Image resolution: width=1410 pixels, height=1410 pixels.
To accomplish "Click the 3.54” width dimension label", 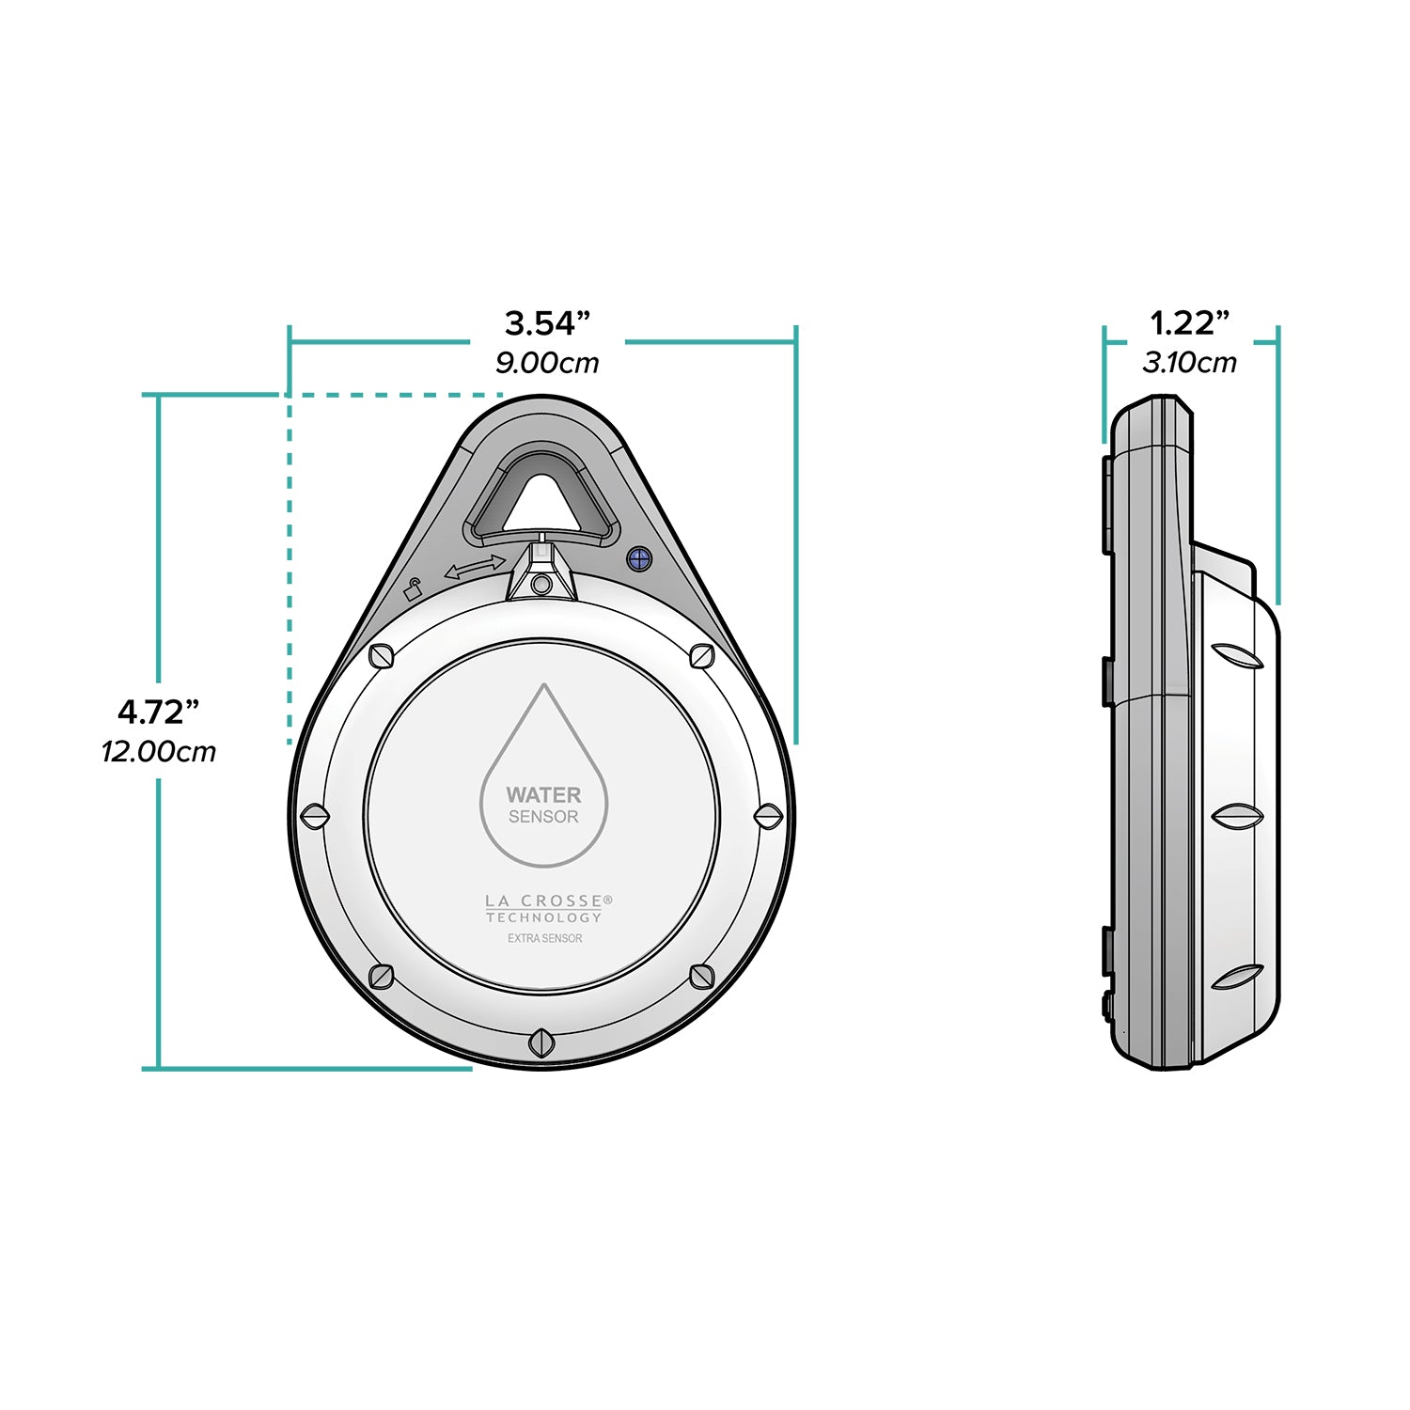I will coord(546,323).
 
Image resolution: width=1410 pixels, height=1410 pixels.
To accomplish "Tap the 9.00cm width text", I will coord(546,363).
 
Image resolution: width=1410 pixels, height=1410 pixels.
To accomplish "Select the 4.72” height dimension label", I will coord(158,713).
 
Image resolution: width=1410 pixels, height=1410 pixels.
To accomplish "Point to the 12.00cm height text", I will coord(158,752).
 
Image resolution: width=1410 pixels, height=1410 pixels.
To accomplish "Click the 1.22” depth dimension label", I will coord(1189,323).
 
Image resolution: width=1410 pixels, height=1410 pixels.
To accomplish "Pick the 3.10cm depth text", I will coord(1189,363).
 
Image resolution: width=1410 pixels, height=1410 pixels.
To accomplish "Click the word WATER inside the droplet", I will coord(543,795).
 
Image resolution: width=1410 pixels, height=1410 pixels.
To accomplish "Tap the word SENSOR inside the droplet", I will coord(543,817).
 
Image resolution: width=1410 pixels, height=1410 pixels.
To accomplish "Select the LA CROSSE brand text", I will coord(544,901).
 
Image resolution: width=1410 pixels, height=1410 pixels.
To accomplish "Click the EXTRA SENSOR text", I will coord(544,938).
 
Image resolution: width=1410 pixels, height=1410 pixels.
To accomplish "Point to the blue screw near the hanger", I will coord(639,558).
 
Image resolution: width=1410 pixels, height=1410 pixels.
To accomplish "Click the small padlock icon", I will coord(412,590).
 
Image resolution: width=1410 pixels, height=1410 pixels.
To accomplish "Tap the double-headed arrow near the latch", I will coord(474,567).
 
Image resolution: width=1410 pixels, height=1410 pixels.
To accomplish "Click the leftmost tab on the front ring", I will coord(314,816).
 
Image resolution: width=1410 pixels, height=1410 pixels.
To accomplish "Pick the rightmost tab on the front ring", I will coord(768,816).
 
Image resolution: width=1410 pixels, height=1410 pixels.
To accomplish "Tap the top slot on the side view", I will coord(1237,656).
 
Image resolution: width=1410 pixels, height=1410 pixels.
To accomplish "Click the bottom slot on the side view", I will coord(1237,978).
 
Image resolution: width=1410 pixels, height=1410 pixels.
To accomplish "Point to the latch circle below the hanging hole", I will coord(541,585).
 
